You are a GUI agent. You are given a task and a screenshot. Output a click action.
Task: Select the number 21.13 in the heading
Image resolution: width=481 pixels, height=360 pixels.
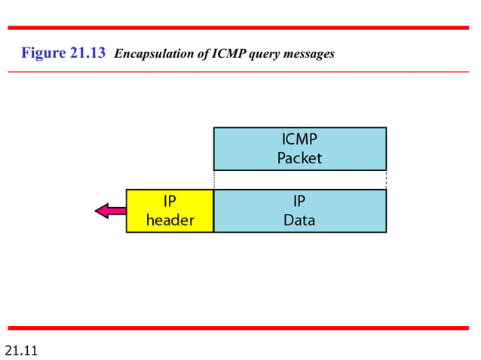[x=89, y=53]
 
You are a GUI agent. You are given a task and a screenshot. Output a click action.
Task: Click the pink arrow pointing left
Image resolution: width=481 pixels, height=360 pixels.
[x=110, y=211]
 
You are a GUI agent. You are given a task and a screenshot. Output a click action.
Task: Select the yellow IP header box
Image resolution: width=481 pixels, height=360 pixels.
[x=170, y=211]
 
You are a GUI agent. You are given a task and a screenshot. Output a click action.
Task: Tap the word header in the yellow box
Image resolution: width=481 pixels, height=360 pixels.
[x=170, y=221]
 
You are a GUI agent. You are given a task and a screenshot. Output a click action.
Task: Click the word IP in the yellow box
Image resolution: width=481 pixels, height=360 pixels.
[x=170, y=202]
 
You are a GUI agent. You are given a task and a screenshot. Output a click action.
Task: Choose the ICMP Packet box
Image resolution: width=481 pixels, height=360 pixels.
[x=299, y=148]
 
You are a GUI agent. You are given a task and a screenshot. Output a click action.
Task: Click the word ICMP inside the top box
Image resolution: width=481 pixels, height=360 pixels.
[x=299, y=139]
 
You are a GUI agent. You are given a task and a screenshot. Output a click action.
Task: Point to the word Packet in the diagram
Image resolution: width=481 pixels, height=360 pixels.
[x=299, y=158]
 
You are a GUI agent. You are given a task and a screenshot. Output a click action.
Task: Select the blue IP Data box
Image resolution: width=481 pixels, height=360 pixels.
[x=299, y=211]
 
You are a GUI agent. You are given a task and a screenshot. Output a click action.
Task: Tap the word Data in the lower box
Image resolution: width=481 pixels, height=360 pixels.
[x=299, y=221]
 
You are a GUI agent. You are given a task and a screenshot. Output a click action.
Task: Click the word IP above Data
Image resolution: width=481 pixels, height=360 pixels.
[x=299, y=202]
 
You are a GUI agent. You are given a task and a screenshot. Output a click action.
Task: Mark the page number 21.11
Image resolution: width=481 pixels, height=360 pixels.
[x=21, y=350]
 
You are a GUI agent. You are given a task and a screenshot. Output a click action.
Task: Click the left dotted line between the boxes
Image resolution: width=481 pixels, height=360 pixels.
[x=214, y=180]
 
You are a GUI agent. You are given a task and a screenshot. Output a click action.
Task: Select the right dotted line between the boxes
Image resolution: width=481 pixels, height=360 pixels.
[x=386, y=180]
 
